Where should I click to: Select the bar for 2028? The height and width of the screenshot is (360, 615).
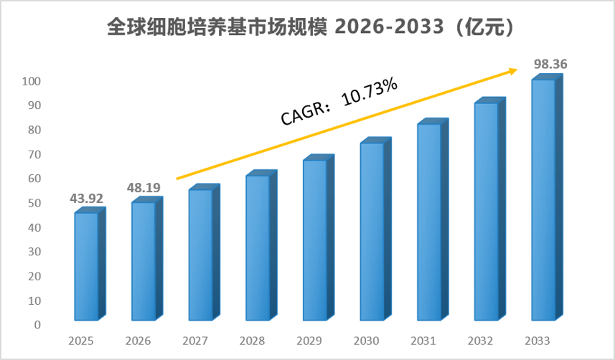coord(262,245)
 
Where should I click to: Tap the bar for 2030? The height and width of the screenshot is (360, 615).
coord(376,229)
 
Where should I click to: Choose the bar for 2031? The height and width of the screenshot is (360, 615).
coord(433,219)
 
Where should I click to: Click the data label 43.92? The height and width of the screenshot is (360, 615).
coord(86,199)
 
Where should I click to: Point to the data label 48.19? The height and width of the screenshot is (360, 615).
coord(144,188)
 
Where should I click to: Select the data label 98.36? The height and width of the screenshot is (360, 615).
coord(550,64)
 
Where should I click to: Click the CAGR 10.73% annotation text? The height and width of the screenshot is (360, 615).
coord(339,101)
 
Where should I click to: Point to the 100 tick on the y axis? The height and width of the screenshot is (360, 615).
coord(31,81)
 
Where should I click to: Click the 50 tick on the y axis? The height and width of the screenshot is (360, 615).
coord(34,203)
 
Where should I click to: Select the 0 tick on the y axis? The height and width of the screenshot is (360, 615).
coord(37,325)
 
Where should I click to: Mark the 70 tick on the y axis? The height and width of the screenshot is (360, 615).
coord(34,154)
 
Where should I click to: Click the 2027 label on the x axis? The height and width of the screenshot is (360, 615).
coord(195,341)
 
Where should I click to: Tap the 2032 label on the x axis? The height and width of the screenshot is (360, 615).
coord(480,341)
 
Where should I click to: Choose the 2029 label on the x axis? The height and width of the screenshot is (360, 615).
coord(309,341)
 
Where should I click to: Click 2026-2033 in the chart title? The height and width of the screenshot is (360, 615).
coord(389,27)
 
